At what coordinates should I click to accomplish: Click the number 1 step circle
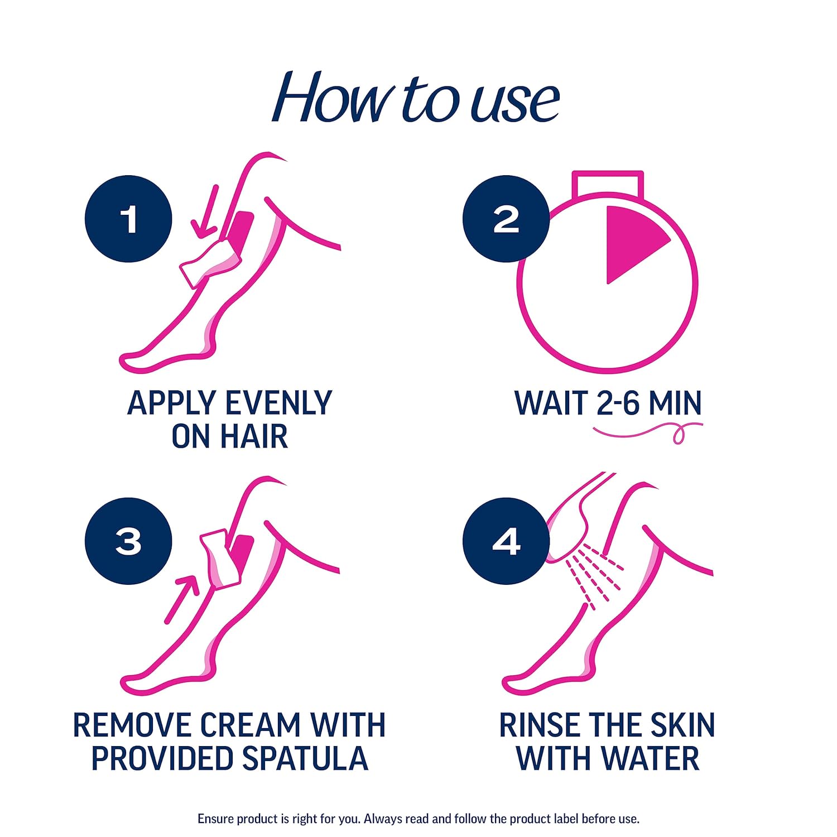128,219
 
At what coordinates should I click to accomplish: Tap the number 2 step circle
506,219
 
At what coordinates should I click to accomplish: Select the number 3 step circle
128,541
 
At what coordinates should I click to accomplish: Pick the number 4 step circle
506,541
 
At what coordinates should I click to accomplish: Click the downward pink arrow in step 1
205,212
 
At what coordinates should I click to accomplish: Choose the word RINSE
537,725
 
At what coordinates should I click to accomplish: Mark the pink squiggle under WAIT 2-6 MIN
647,431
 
